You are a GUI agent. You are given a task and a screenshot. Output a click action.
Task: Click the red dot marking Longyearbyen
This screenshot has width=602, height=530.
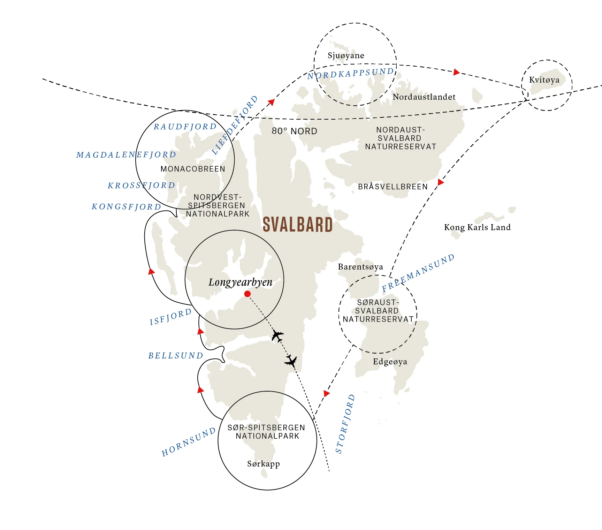click(x=247, y=294)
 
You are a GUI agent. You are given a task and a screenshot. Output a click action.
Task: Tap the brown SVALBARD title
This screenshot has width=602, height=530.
click(x=298, y=225)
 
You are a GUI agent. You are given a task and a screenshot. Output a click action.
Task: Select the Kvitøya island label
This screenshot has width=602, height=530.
click(x=544, y=80)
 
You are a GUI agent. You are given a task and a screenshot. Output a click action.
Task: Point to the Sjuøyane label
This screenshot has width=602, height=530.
click(x=346, y=55)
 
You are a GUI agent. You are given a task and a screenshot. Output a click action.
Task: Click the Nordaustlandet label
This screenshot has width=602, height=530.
click(x=424, y=97)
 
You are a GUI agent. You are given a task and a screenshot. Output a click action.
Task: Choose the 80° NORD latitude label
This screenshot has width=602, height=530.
click(x=295, y=131)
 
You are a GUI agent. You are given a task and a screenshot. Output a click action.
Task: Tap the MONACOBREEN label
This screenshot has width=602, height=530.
click(x=193, y=169)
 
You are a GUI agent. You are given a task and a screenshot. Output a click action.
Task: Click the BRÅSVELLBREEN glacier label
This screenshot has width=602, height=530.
click(x=393, y=187)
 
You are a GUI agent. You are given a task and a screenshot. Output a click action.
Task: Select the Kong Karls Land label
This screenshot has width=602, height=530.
click(x=477, y=227)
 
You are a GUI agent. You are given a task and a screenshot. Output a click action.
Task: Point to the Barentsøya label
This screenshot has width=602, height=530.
click(x=360, y=267)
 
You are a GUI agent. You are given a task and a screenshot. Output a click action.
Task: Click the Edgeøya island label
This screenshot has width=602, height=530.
click(x=390, y=362)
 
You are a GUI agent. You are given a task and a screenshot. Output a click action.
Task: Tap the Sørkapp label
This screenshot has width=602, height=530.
click(x=264, y=464)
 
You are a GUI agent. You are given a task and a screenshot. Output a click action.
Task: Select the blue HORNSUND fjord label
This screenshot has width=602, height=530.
click(x=189, y=442)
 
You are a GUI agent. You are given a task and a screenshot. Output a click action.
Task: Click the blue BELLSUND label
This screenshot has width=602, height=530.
click(x=176, y=356)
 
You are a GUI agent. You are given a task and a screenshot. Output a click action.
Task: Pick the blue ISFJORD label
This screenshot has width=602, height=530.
click(x=170, y=317)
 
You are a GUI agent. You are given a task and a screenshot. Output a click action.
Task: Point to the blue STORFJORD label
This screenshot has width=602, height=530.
click(x=345, y=424)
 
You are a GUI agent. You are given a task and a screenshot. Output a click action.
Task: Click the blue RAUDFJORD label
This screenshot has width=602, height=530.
click(x=185, y=127)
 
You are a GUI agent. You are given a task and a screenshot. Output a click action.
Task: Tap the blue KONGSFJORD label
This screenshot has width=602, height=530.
click(x=126, y=207)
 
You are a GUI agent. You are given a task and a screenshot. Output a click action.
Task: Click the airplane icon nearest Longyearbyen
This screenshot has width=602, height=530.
click(x=277, y=336)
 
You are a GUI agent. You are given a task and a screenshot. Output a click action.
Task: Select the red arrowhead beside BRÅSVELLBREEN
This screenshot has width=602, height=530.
click(x=441, y=182)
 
